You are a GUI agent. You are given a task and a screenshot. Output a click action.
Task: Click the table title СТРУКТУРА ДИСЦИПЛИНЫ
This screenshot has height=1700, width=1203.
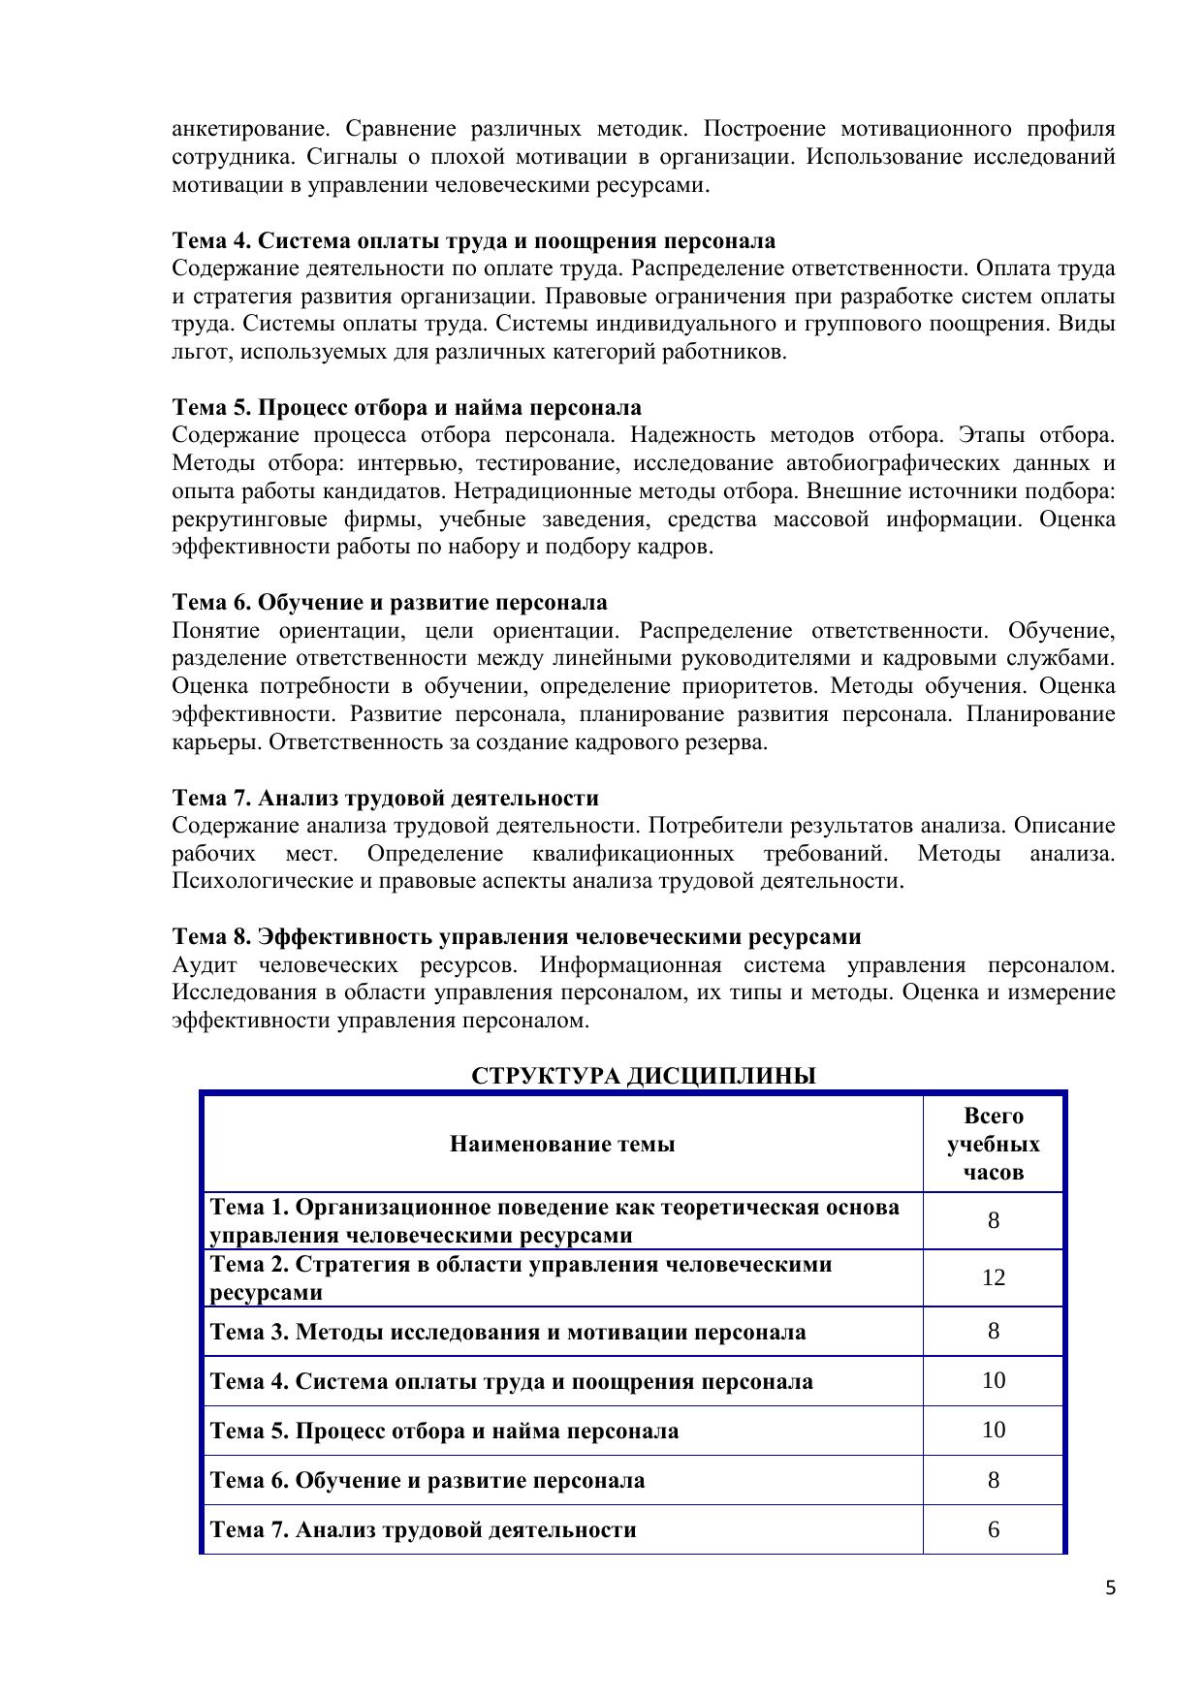pos(643,1076)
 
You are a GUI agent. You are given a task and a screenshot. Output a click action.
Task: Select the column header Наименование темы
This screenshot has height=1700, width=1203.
pos(562,1144)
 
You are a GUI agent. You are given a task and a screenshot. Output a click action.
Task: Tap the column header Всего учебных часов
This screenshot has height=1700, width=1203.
pos(993,1144)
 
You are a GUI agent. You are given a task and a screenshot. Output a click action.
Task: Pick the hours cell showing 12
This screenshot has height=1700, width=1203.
pos(993,1277)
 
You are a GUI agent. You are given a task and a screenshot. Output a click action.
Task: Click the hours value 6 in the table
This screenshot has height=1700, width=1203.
pos(993,1529)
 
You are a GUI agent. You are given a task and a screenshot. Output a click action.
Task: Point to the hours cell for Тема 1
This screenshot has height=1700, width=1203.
pos(993,1220)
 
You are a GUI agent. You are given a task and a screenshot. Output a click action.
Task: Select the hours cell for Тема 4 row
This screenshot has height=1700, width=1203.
pos(993,1380)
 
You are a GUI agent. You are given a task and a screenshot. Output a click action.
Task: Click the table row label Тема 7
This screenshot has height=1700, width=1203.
pos(423,1530)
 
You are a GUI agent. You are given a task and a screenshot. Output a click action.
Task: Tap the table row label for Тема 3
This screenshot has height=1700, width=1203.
pos(507,1332)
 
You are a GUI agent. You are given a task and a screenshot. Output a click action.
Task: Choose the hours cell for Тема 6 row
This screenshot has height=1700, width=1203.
pos(993,1480)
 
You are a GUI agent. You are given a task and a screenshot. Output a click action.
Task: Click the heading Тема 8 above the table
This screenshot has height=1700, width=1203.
pos(516,937)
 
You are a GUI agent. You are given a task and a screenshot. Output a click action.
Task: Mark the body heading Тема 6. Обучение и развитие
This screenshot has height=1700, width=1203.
pos(390,603)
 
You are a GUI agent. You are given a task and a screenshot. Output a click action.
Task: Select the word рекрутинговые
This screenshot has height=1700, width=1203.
pos(249,519)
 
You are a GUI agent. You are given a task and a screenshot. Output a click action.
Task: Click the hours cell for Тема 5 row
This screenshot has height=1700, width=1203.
pos(993,1431)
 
